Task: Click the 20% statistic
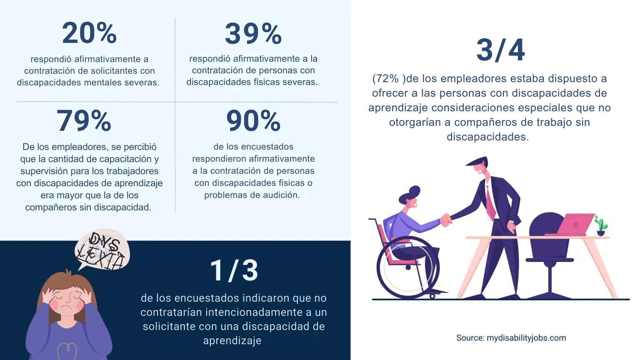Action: point(89,33)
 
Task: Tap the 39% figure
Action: point(253,34)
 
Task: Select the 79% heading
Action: point(84,121)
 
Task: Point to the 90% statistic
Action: point(253,121)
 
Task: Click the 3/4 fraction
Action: point(500,50)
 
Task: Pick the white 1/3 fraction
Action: point(234,270)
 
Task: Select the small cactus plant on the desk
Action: point(600,225)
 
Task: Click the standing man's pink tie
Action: point(490,202)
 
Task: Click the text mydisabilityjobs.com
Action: point(526,338)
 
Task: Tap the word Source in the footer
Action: point(470,338)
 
